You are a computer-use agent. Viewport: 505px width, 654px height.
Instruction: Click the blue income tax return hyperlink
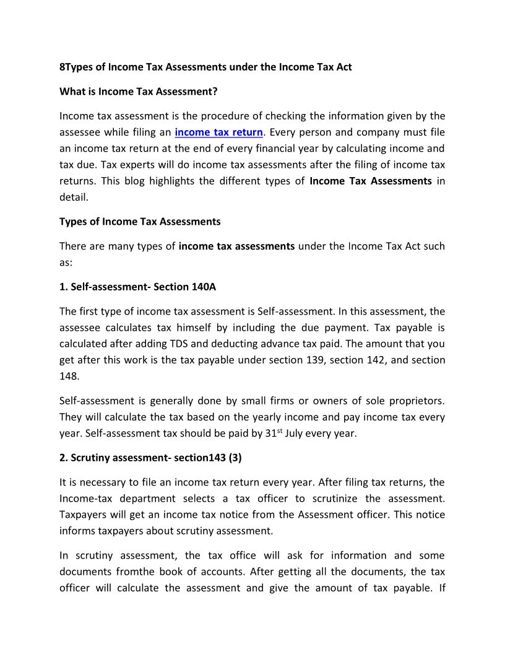[218, 132]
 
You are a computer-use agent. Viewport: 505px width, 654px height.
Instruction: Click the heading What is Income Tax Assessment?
[139, 92]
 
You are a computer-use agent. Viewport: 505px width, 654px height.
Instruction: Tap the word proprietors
[413, 401]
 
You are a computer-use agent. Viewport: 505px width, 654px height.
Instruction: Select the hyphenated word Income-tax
[87, 498]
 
